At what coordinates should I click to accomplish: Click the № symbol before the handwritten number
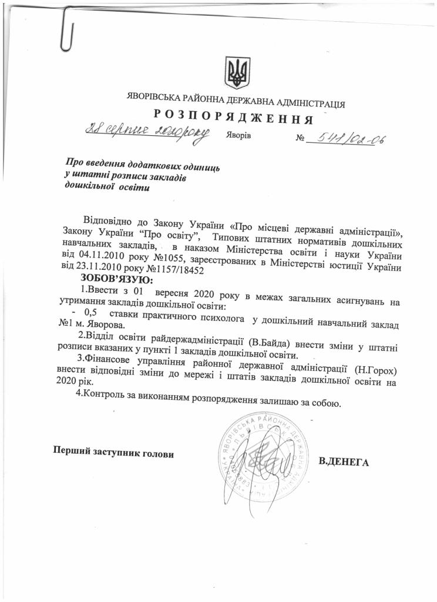(x=301, y=140)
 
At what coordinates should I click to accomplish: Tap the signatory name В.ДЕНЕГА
(x=343, y=461)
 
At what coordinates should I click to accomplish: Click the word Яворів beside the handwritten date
(x=237, y=135)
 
